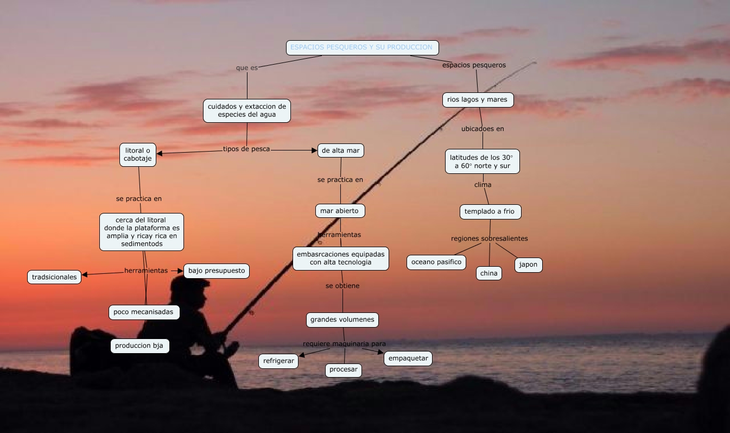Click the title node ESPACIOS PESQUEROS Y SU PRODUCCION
(362, 48)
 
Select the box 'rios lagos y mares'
(478, 100)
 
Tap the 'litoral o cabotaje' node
(138, 154)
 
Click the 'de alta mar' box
(340, 150)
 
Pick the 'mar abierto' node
(340, 210)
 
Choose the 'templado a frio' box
(490, 211)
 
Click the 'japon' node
(528, 265)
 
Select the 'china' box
(488, 273)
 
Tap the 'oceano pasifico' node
(436, 262)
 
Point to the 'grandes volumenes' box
(342, 319)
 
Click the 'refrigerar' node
(278, 361)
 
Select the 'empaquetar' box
(408, 358)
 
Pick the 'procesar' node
(344, 369)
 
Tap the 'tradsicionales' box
(54, 277)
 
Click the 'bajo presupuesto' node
(217, 271)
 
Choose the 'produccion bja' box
(139, 346)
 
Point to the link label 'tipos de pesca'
(246, 149)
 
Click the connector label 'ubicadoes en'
(483, 129)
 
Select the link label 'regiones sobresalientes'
(489, 239)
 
